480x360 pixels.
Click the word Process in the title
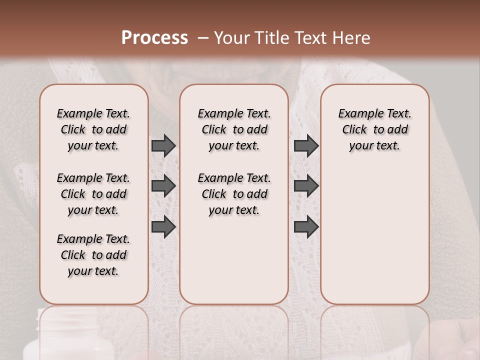(x=154, y=38)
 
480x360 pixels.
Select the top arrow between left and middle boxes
(x=163, y=145)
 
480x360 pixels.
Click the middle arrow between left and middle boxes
(x=163, y=186)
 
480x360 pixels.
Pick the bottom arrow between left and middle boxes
(x=163, y=226)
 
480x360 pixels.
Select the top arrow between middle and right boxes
(x=306, y=145)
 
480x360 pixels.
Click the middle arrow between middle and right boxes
(x=306, y=186)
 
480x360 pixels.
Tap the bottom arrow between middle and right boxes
(x=306, y=226)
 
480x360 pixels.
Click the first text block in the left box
(x=93, y=129)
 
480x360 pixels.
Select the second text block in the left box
(x=93, y=194)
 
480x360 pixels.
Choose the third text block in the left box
(x=93, y=255)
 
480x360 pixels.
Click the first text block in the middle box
(x=234, y=129)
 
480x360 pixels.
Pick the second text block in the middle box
(x=234, y=194)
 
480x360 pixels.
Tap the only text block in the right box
(x=375, y=129)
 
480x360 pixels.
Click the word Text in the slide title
(x=312, y=38)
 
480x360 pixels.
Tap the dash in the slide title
(x=202, y=38)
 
